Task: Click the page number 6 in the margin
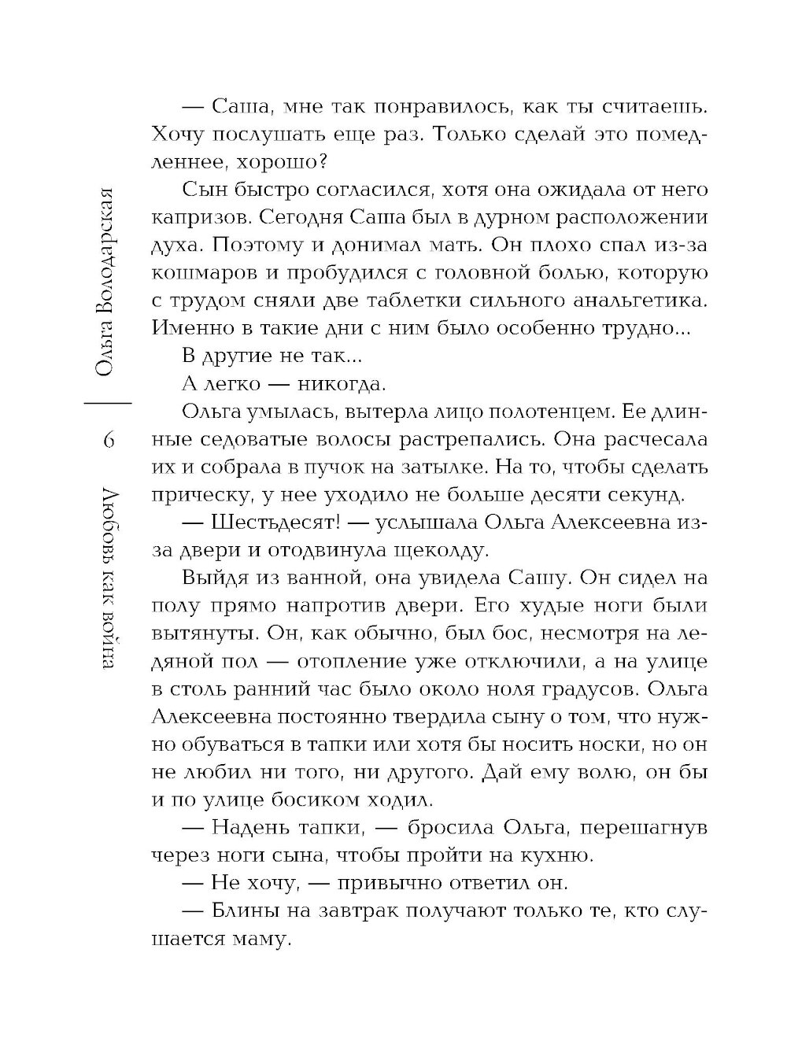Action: (x=109, y=440)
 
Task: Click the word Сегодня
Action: (x=323, y=217)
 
